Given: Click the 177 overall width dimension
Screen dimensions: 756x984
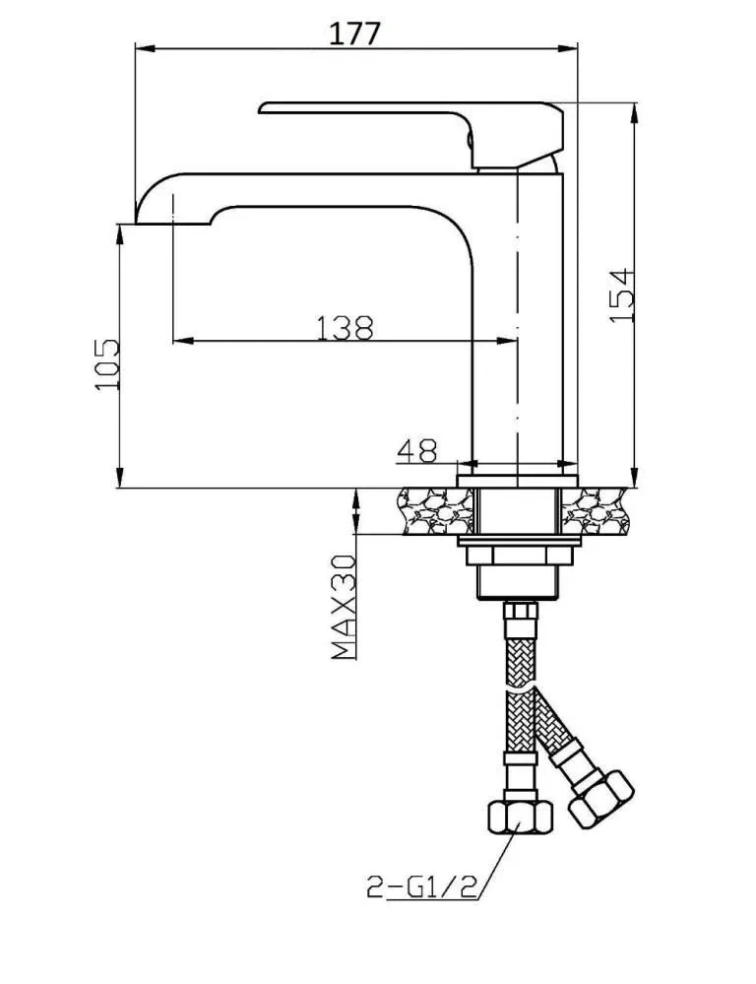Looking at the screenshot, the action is [354, 33].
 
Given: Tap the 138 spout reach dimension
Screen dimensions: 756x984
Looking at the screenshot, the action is [345, 328].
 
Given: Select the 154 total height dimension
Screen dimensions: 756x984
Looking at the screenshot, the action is [622, 295].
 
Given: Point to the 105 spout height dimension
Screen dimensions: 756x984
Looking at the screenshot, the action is [106, 364].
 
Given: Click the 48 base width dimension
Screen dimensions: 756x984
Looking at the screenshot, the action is [416, 450].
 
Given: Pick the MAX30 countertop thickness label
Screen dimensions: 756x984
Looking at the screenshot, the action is [344, 607].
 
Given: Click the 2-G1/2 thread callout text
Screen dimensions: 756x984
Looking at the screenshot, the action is [421, 887].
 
